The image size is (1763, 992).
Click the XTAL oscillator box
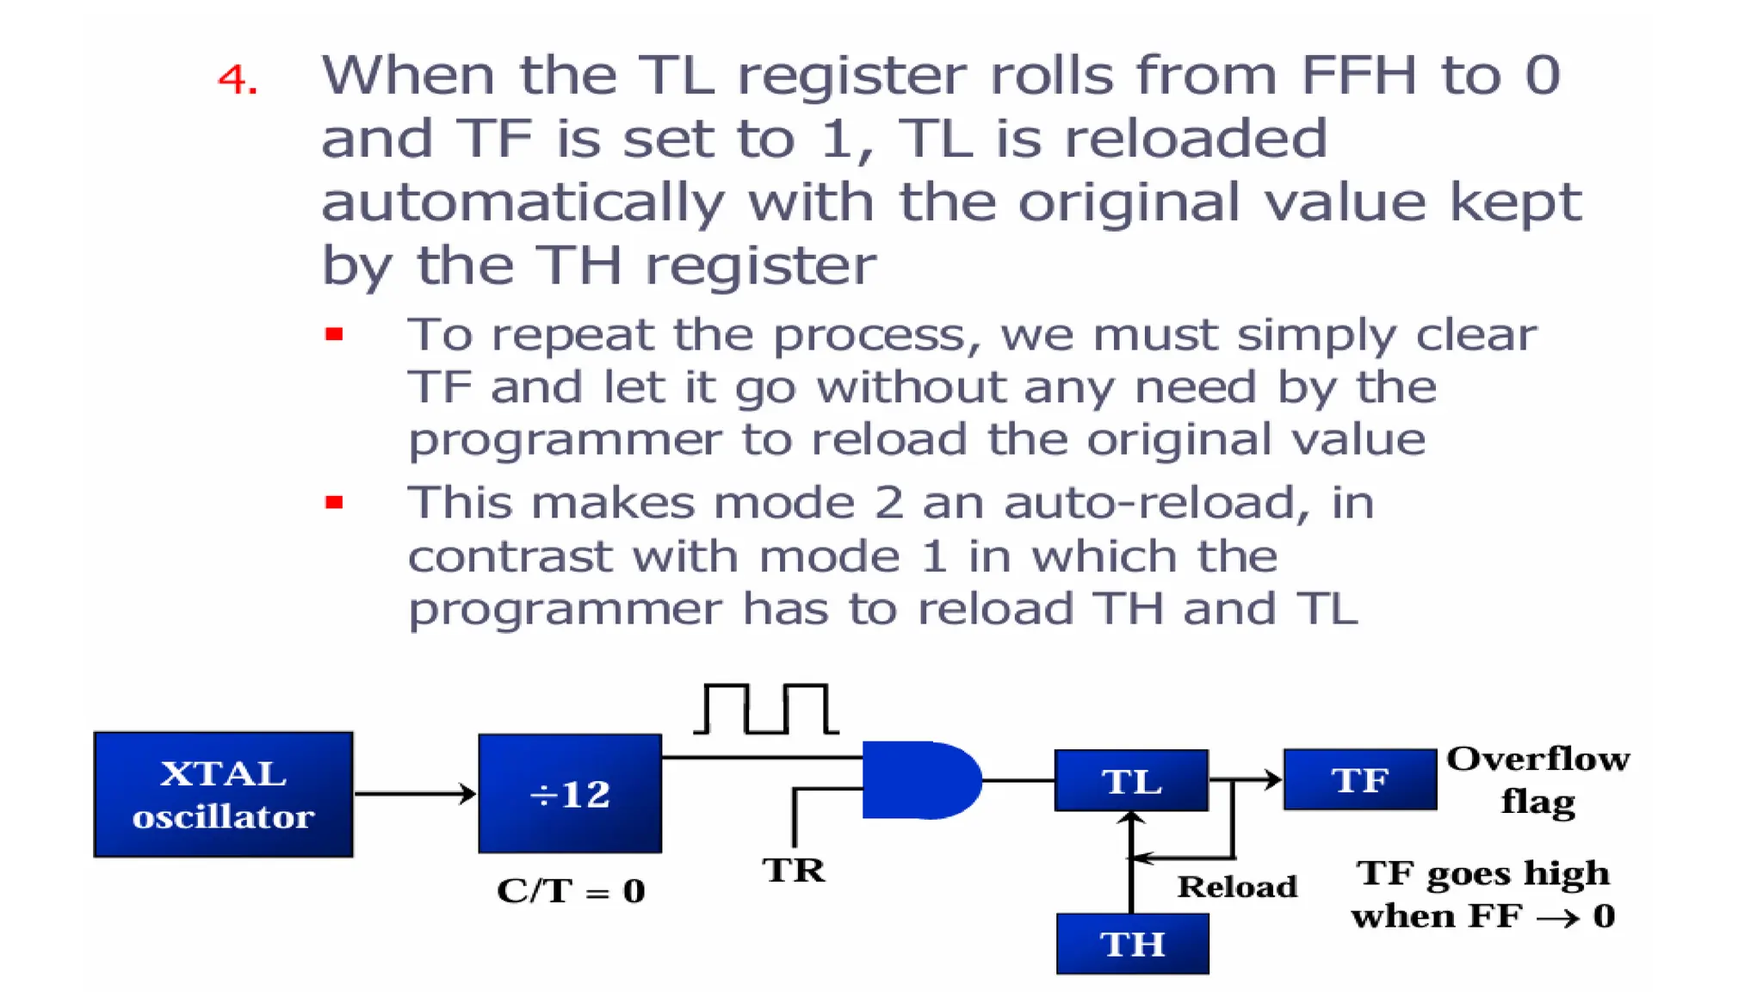click(223, 794)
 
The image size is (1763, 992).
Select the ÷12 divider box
click(570, 793)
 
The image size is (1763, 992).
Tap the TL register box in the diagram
click(1131, 780)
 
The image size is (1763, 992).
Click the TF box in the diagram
click(1360, 779)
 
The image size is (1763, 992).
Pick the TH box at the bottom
click(1132, 944)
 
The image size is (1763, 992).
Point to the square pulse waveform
click(765, 709)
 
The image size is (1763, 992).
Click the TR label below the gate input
click(793, 870)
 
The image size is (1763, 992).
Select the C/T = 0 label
click(570, 890)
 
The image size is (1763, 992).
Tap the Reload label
click(1237, 886)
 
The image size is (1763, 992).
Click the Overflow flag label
click(1537, 779)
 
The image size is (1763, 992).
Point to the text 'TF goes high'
click(1482, 873)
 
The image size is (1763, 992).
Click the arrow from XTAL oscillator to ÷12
click(415, 793)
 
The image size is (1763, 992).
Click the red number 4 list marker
click(238, 79)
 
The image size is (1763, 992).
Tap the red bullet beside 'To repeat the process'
click(334, 334)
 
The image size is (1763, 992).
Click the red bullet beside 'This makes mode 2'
click(334, 502)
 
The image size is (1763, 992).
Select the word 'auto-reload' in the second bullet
click(1157, 502)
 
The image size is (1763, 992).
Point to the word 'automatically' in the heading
click(523, 202)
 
